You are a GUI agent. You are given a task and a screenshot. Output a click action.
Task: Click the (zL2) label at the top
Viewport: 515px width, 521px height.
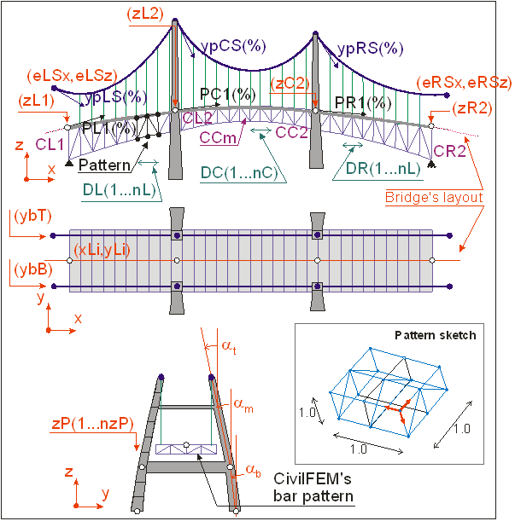(x=145, y=14)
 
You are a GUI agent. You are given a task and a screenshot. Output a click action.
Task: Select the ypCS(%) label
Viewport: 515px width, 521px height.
(x=233, y=46)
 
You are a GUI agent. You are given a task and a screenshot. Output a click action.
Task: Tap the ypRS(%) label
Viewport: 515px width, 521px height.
(x=370, y=49)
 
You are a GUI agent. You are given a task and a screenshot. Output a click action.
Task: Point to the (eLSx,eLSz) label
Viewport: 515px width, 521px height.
(x=73, y=76)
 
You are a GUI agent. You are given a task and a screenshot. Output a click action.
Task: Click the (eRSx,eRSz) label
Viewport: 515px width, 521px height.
(x=464, y=83)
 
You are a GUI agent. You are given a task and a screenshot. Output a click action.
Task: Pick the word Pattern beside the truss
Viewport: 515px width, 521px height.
(x=104, y=165)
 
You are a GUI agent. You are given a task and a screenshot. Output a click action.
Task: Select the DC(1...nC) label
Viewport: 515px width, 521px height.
(x=239, y=173)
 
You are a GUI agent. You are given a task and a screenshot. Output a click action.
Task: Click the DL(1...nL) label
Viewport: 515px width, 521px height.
(x=120, y=190)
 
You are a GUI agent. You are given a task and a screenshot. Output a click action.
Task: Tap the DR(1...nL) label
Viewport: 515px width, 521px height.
(x=383, y=169)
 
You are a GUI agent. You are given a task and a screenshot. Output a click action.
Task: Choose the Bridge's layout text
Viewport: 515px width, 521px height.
(x=434, y=197)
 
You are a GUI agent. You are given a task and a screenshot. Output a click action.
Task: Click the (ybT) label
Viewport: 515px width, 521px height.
(x=33, y=217)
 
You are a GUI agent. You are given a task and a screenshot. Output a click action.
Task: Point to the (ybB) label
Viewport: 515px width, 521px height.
(x=33, y=269)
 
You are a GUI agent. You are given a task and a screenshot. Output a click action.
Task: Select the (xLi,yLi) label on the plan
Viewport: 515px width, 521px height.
(x=102, y=250)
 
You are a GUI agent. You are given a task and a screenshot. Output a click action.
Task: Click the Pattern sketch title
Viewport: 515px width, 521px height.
(x=436, y=335)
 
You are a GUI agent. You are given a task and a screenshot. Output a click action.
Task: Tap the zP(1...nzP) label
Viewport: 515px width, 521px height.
(x=93, y=424)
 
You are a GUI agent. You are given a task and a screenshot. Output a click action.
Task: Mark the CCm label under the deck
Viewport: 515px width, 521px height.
(x=218, y=137)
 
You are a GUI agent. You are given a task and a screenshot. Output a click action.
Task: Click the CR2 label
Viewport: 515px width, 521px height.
(x=449, y=152)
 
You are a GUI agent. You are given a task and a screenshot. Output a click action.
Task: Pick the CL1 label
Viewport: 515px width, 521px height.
(x=50, y=144)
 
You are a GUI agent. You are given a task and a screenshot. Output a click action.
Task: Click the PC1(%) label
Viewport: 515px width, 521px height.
(x=228, y=95)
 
